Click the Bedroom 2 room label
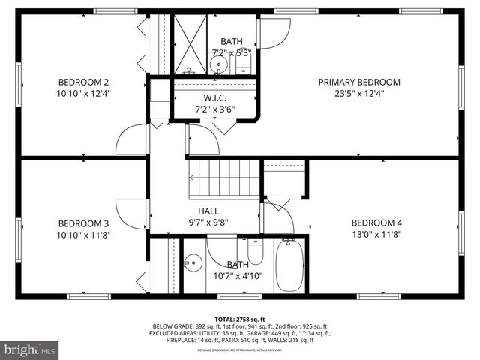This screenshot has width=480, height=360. pos(84,82)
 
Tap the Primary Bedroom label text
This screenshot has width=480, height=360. pos(359,82)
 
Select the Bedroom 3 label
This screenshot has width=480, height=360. pos(84,223)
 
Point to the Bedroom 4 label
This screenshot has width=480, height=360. pos(376,223)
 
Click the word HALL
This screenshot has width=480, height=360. pos(208,211)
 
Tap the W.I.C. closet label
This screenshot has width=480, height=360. pos(214,98)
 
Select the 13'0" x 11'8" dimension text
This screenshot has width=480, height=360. pos(376,235)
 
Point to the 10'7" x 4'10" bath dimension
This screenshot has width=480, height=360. pos(238,276)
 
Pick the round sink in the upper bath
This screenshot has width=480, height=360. pos(219,65)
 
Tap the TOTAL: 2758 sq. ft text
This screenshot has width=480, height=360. pos(240,318)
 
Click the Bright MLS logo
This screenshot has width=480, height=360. pos(30,349)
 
